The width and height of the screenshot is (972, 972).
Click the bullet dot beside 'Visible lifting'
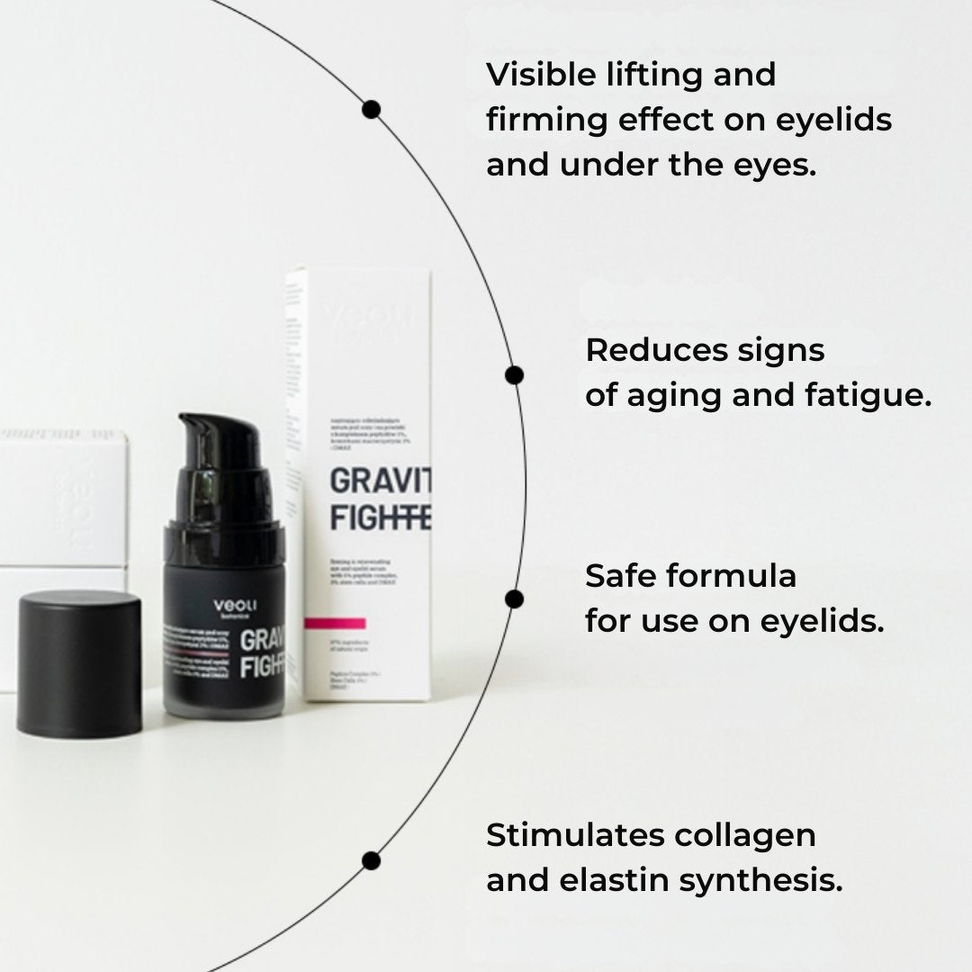pos(371,110)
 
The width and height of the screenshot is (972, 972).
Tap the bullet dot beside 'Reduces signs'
pos(514,374)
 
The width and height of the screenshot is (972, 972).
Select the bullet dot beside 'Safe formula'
pos(514,599)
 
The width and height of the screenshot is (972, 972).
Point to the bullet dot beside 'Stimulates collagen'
pos(371,861)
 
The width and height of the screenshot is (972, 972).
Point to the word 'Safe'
pos(618,575)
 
